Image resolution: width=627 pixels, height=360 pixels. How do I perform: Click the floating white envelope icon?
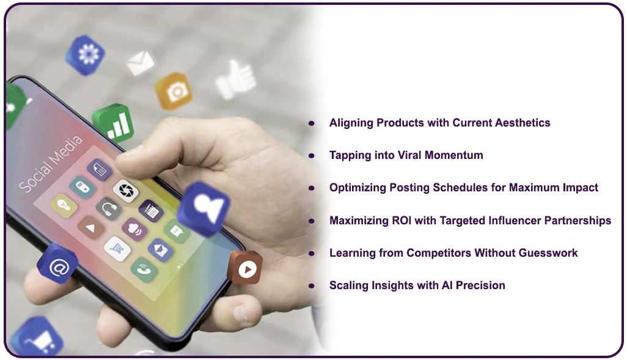pyautogui.click(x=140, y=62)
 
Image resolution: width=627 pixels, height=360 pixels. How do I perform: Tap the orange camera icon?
pyautogui.click(x=174, y=91)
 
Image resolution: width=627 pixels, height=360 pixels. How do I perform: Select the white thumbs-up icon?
pyautogui.click(x=235, y=79)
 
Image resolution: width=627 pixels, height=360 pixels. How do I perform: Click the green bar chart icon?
pyautogui.click(x=113, y=123)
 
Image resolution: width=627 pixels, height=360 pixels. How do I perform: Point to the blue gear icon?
pyautogui.click(x=86, y=54)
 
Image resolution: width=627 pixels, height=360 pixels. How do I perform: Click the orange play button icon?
pyautogui.click(x=245, y=268)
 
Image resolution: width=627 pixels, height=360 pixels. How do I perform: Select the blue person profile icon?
pyautogui.click(x=204, y=208)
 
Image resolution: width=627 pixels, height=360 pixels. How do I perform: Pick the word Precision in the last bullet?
pyautogui.click(x=480, y=285)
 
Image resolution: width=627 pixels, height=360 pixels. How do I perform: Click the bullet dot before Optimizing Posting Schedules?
pyautogui.click(x=312, y=188)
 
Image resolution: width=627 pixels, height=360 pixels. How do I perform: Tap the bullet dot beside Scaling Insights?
pyautogui.click(x=312, y=285)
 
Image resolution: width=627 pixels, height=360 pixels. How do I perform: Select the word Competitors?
pyautogui.click(x=433, y=252)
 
